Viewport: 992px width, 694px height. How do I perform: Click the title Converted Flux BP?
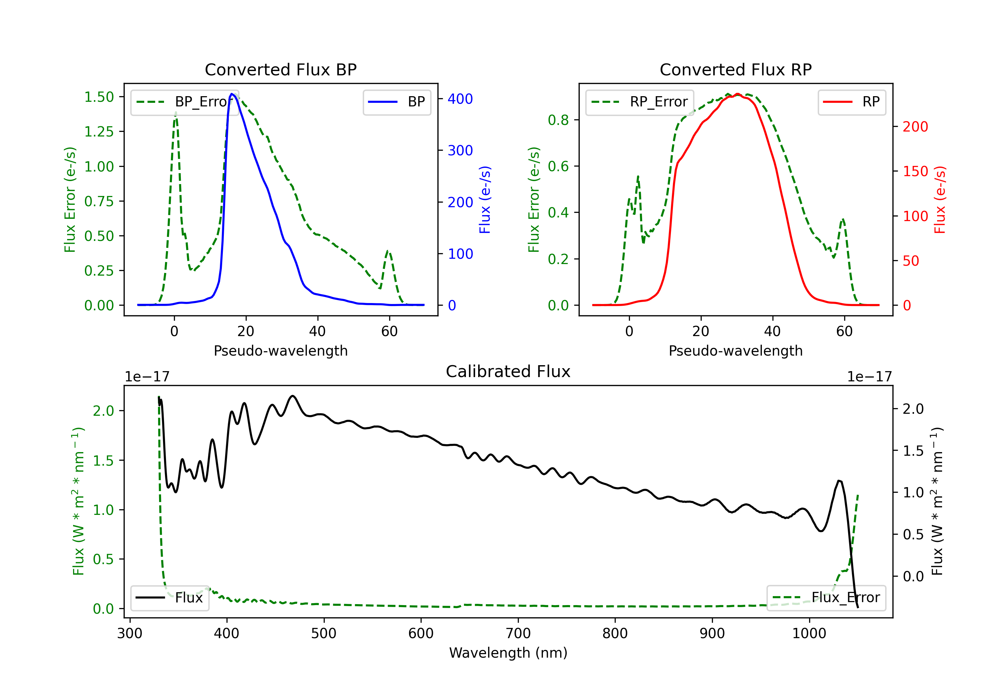coord(280,69)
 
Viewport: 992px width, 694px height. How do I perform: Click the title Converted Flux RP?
coord(735,69)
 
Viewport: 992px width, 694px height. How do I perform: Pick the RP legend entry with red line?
coord(851,102)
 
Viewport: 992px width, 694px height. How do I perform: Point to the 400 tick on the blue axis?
coord(460,99)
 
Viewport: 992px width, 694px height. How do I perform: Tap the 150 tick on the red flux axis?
coord(915,172)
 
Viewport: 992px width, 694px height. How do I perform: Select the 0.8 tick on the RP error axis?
coord(558,120)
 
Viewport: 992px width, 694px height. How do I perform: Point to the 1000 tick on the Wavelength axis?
coord(809,633)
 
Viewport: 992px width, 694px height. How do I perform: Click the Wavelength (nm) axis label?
coord(508,653)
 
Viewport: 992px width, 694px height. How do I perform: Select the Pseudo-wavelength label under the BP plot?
coord(280,351)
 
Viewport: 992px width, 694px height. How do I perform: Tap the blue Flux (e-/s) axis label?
coord(485,200)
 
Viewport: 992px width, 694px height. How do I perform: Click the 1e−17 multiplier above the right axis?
coord(869,377)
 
